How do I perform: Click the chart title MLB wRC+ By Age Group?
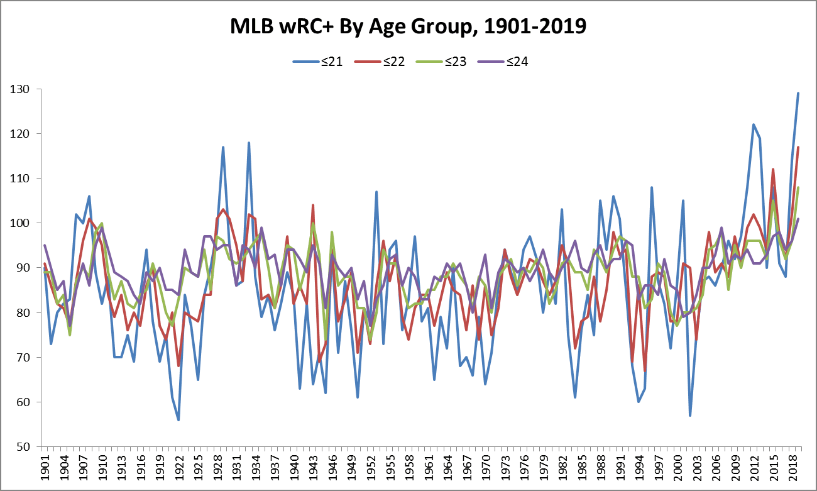(x=408, y=27)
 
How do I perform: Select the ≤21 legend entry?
(x=317, y=62)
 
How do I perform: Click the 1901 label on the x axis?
(x=45, y=468)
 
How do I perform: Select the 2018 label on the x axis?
(x=793, y=468)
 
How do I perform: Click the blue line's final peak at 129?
(x=799, y=93)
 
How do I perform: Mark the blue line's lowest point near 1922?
(x=178, y=420)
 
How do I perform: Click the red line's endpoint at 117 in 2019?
(x=799, y=147)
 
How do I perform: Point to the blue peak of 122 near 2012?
(x=754, y=124)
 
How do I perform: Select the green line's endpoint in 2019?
(x=799, y=187)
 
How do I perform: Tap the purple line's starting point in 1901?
(x=45, y=245)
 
